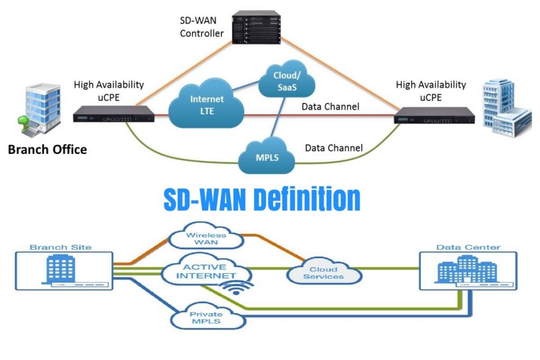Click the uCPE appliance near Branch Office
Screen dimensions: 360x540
point(113,114)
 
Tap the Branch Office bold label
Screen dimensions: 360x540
point(47,150)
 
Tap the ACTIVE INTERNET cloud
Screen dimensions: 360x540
point(206,271)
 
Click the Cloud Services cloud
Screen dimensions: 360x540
point(324,273)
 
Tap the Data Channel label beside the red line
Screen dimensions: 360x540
point(330,107)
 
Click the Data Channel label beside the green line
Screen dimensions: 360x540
point(334,148)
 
